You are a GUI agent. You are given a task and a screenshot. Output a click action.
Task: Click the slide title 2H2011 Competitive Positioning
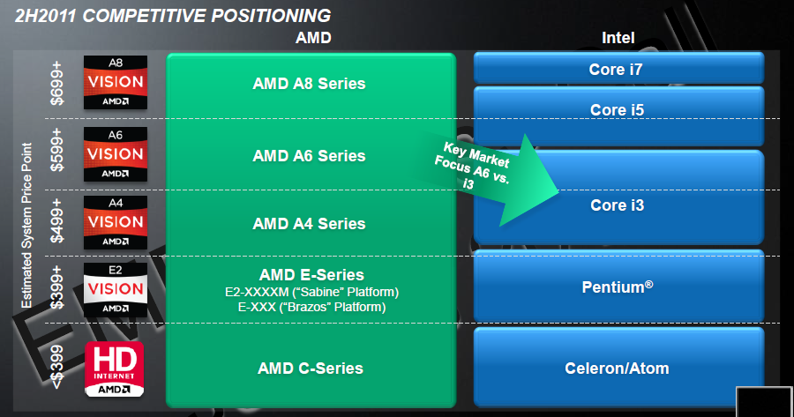pos(167,15)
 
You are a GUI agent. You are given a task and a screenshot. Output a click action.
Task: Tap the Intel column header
pos(618,38)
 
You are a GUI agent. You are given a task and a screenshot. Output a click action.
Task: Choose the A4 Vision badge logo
pos(115,221)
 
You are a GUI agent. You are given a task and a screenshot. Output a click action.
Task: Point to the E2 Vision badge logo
pos(115,289)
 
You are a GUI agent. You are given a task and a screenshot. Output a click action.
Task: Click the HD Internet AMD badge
pos(115,368)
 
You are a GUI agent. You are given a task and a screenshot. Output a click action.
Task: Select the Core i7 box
pos(618,67)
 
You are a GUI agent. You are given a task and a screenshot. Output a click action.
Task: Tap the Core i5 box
pos(618,110)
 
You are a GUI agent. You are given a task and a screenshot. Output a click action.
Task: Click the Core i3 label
pos(618,205)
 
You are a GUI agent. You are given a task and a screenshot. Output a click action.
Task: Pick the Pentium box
pos(618,287)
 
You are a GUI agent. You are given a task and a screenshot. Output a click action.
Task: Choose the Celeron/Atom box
pos(618,368)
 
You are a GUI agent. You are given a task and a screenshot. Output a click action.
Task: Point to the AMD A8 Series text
pos(309,85)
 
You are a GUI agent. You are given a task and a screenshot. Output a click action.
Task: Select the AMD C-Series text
pos(309,369)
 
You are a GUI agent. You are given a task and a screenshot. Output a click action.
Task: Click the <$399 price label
pos(58,368)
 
